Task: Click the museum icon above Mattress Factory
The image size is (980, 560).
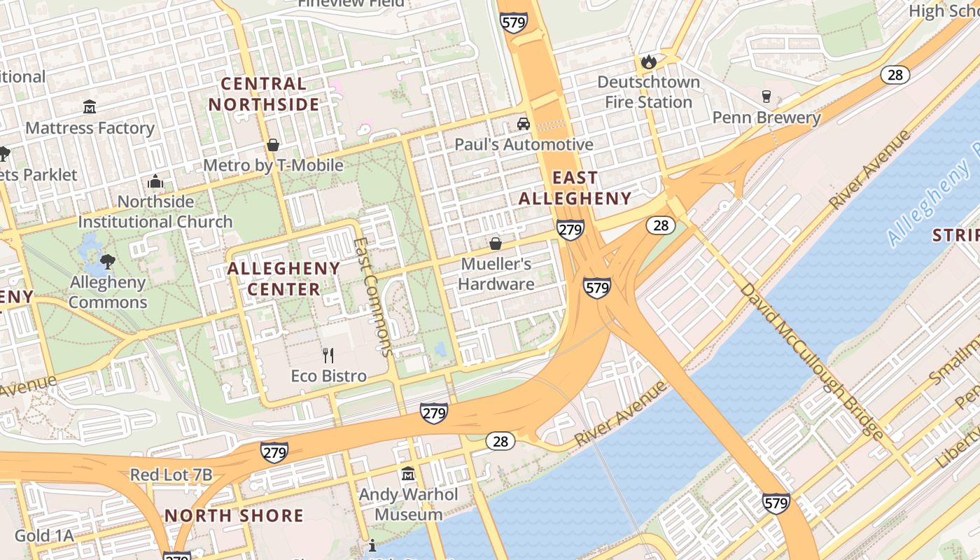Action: [90, 107]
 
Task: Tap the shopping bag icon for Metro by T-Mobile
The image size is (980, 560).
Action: [273, 145]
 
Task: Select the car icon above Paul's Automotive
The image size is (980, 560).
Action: [523, 124]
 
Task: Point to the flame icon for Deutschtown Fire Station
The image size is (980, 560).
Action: [648, 62]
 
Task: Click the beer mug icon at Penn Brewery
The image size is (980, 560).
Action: [766, 97]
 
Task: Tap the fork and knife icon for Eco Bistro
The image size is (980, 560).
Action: [328, 355]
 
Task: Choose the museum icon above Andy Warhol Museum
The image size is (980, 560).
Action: [408, 474]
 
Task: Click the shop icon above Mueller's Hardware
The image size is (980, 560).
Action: [496, 244]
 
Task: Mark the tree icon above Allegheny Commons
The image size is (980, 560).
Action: [107, 262]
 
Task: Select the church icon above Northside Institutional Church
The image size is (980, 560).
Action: [155, 182]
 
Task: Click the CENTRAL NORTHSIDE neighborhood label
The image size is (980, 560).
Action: [264, 94]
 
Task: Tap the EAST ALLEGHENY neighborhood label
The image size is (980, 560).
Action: [575, 188]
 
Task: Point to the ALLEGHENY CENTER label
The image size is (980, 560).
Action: [283, 279]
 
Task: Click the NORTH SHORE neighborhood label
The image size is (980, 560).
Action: [234, 516]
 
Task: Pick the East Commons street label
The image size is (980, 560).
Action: [374, 297]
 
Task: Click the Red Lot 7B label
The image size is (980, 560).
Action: [171, 475]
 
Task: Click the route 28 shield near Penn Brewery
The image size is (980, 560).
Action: [895, 75]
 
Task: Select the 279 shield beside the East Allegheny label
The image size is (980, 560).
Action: [570, 230]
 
